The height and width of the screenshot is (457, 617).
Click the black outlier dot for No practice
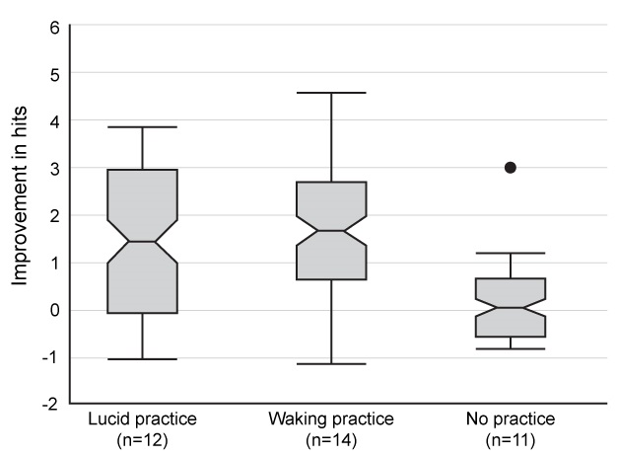(x=511, y=168)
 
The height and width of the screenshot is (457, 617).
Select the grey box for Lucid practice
(x=143, y=241)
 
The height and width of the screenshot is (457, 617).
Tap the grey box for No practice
(x=511, y=307)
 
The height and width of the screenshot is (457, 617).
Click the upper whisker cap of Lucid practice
(x=143, y=127)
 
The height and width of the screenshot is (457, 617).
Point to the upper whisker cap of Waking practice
(x=332, y=93)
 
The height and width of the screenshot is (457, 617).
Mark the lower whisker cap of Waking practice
(x=332, y=363)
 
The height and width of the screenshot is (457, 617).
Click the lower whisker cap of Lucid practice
(x=143, y=358)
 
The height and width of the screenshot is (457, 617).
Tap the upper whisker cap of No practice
(x=511, y=254)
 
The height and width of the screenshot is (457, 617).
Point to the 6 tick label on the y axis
(x=54, y=27)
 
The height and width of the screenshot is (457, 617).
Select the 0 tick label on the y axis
(x=54, y=310)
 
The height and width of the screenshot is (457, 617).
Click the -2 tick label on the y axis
(x=51, y=405)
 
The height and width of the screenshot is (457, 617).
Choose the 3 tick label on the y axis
(x=54, y=169)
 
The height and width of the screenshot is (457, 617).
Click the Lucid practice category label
(x=143, y=419)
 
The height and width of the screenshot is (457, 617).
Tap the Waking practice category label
(x=332, y=419)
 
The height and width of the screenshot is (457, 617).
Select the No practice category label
(x=511, y=419)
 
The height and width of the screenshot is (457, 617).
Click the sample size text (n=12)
(x=143, y=437)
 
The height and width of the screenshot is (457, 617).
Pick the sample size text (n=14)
(x=332, y=437)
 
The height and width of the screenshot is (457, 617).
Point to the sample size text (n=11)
(x=511, y=437)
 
